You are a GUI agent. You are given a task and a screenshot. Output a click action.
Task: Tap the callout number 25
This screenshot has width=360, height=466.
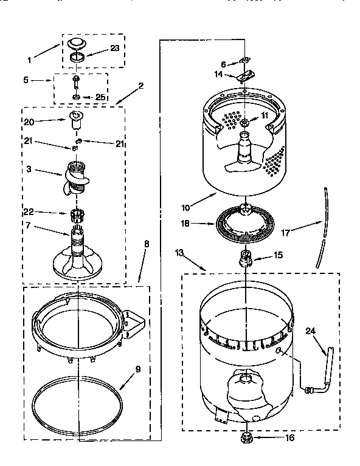(x=101, y=97)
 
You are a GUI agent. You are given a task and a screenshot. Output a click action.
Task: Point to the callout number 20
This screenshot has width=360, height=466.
(x=28, y=122)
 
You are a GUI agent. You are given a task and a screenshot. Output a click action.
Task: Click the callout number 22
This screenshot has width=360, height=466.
(x=28, y=212)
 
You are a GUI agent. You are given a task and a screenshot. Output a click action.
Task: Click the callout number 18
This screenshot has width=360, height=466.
(x=186, y=224)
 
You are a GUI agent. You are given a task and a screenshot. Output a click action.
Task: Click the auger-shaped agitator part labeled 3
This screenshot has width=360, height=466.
(x=77, y=176)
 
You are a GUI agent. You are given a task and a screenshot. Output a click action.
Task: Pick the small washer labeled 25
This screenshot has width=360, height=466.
(x=77, y=97)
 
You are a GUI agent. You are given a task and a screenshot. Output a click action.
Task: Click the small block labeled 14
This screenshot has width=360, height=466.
(x=245, y=76)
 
